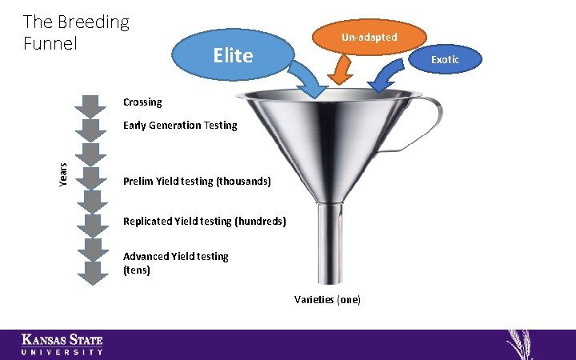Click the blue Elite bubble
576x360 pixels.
pos(232,55)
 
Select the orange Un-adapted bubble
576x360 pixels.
pos(369,38)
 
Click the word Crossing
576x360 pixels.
pos(142,102)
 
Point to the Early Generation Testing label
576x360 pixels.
pos(180,126)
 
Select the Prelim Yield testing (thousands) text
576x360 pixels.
pos(197,182)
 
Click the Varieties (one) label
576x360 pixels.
pos(327,299)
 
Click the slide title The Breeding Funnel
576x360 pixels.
pos(75,32)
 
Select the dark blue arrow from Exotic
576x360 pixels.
pos(386,78)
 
